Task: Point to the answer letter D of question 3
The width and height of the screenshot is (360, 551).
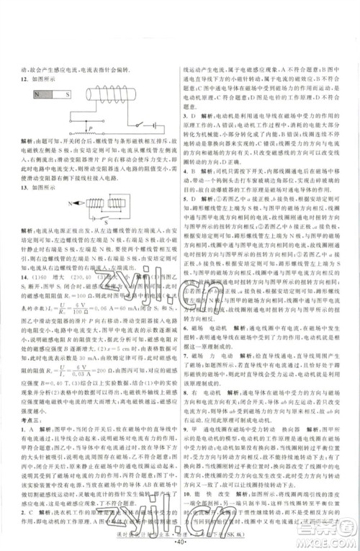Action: coord(194,115)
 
